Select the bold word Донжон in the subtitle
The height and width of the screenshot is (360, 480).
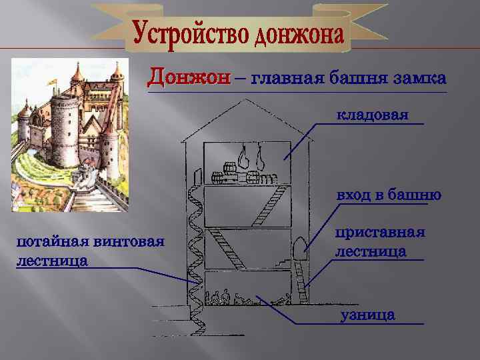189,77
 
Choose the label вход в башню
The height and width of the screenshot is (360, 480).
389,195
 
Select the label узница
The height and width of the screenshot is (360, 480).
367,315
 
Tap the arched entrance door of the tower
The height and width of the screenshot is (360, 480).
299,246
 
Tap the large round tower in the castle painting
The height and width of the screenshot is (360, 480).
63,130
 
